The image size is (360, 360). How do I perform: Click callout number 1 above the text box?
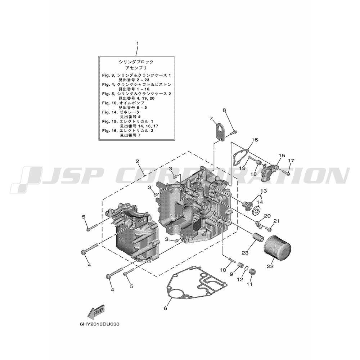pyautogui.click(x=138, y=43)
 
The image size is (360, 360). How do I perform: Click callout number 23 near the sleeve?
pyautogui.click(x=245, y=253)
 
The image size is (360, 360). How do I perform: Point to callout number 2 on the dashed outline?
pyautogui.click(x=137, y=161)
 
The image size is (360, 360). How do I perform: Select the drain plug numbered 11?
pyautogui.click(x=253, y=273)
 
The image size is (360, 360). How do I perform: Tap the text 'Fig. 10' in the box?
pyautogui.click(x=110, y=103)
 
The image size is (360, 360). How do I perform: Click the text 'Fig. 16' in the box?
pyautogui.click(x=110, y=131)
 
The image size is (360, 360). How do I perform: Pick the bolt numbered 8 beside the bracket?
pyautogui.click(x=233, y=132)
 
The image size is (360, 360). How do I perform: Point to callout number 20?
pyautogui.click(x=267, y=216)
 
